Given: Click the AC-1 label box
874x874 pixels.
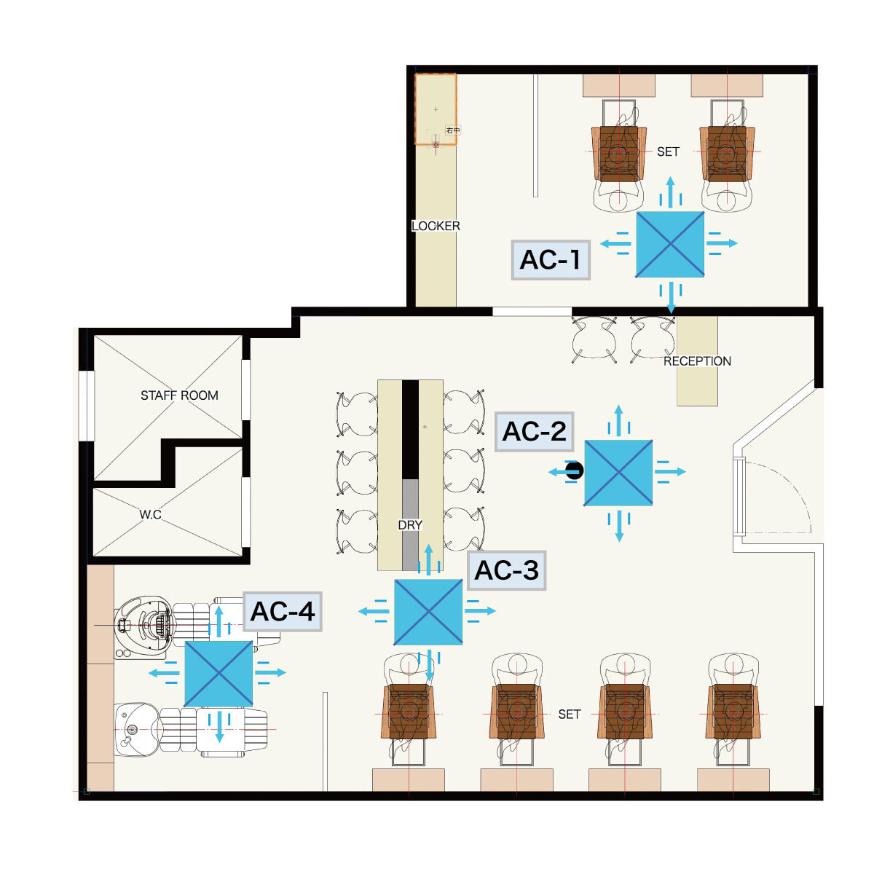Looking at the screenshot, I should coord(550,259).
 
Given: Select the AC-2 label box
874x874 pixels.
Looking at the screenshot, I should coord(534,431).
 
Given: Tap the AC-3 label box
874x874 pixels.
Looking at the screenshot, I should coord(507,570).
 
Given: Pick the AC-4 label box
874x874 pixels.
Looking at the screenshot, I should coord(283,611).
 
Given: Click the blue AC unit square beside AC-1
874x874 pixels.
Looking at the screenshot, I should coord(669,244).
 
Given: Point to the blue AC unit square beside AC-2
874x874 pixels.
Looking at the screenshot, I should coord(618,472).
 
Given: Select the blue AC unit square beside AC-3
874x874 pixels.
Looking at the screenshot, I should coord(428,612).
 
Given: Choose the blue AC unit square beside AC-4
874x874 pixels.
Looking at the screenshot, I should coord(219,674).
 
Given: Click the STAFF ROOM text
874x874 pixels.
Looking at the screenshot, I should coord(179,395).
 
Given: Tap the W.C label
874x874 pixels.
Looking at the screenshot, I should coord(150,514).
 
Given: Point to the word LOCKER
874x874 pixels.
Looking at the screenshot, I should coord(436,226).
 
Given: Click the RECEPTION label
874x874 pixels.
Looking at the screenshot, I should coord(697,361).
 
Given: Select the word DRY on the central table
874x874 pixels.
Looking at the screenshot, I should coord(410,524).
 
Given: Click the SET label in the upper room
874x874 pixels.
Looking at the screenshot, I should coord(668,151).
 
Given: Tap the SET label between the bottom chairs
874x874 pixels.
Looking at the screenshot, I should coord(570,714).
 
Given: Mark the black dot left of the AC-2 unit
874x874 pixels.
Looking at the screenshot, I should coord(575,471).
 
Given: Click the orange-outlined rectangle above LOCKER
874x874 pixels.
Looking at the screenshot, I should coord(436,109).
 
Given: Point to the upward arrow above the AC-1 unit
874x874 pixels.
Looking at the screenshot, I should coord(670,190).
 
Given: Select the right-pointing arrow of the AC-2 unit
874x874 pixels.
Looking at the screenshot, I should coord(671,472).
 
